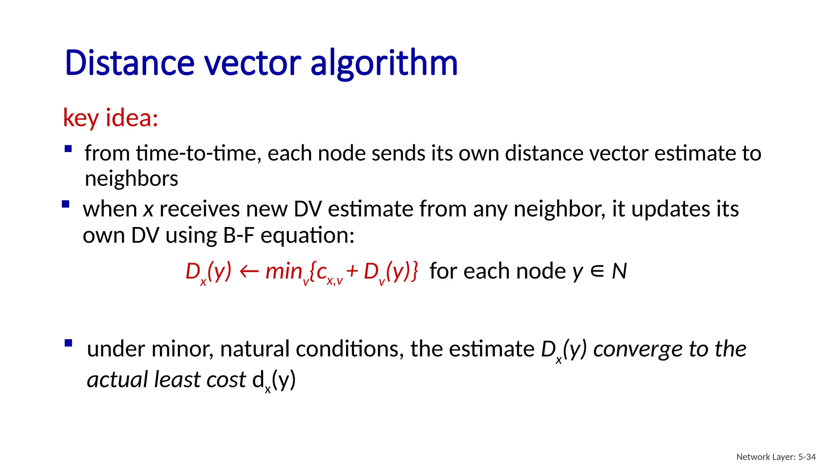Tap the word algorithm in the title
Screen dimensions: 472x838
tap(384, 64)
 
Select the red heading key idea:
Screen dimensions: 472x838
tap(110, 118)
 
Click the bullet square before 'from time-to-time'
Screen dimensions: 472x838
tap(68, 149)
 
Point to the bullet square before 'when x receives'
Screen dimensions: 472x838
tap(65, 204)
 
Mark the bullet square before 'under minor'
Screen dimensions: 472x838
tap(68, 343)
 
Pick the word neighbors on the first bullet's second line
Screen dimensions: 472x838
tap(131, 179)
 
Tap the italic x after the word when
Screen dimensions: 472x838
tap(148, 210)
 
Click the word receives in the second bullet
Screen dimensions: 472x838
tap(199, 209)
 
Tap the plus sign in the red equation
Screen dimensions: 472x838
tap(352, 271)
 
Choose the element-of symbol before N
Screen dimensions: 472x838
tap(597, 271)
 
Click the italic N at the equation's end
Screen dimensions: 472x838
tap(619, 271)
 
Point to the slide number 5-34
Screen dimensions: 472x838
tap(807, 457)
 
